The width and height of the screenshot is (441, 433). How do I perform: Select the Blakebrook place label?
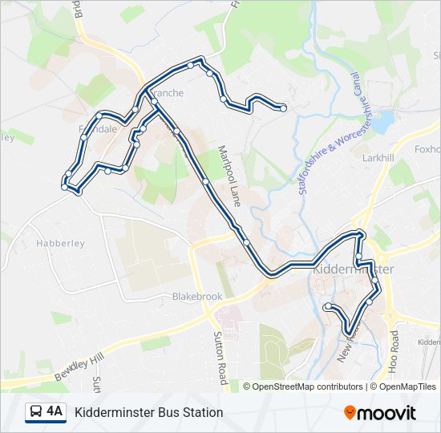pos(197,297)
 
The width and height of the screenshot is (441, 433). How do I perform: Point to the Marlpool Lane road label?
pos(230,176)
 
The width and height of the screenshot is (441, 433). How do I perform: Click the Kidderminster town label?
pos(353,269)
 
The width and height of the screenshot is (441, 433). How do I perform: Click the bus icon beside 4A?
pos(36,412)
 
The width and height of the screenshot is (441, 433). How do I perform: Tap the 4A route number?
pos(55,412)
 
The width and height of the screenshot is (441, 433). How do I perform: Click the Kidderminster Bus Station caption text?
pos(149,413)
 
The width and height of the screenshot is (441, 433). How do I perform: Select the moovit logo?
pos(380,413)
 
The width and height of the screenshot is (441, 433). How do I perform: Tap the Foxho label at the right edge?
pos(427,149)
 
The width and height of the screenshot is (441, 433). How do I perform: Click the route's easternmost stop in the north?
pos(283,107)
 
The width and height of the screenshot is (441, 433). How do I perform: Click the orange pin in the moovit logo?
pos(350,413)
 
